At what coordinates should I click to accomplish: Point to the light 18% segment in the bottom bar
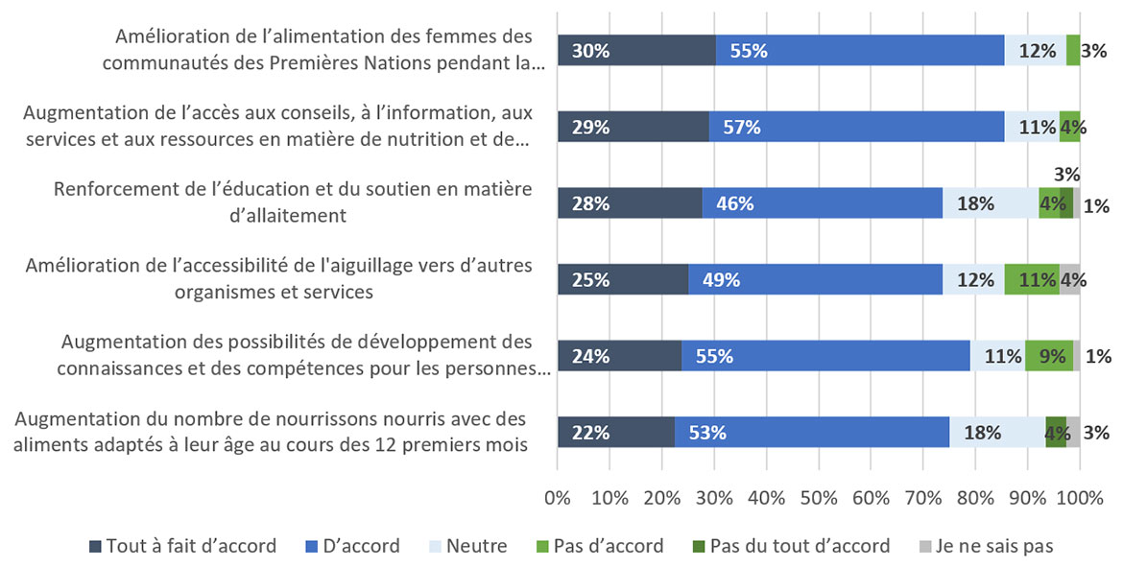(x=996, y=432)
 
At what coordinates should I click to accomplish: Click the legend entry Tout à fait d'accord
(x=182, y=546)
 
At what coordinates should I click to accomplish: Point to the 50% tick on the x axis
(x=818, y=498)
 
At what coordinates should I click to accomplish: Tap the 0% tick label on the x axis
(x=558, y=498)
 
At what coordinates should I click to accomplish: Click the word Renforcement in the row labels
(x=115, y=189)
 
